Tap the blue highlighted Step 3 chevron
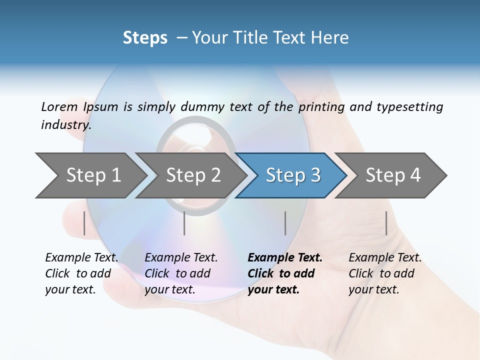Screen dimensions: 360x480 click(x=293, y=175)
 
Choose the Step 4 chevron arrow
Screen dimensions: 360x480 click(x=393, y=175)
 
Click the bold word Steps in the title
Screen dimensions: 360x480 click(x=145, y=38)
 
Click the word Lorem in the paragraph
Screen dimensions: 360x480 click(x=59, y=106)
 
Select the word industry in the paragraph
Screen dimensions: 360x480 click(x=66, y=125)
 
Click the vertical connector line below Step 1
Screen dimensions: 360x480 click(x=84, y=223)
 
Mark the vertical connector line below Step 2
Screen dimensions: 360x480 click(x=184, y=223)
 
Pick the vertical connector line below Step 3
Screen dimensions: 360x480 click(x=285, y=223)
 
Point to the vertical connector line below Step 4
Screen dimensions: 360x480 click(x=386, y=223)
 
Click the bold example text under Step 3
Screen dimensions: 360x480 click(x=285, y=273)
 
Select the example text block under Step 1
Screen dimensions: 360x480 click(x=81, y=273)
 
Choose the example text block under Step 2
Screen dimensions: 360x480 click(x=181, y=273)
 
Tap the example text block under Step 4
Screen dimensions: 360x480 click(x=385, y=273)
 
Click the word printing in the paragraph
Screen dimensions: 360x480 click(x=321, y=107)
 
